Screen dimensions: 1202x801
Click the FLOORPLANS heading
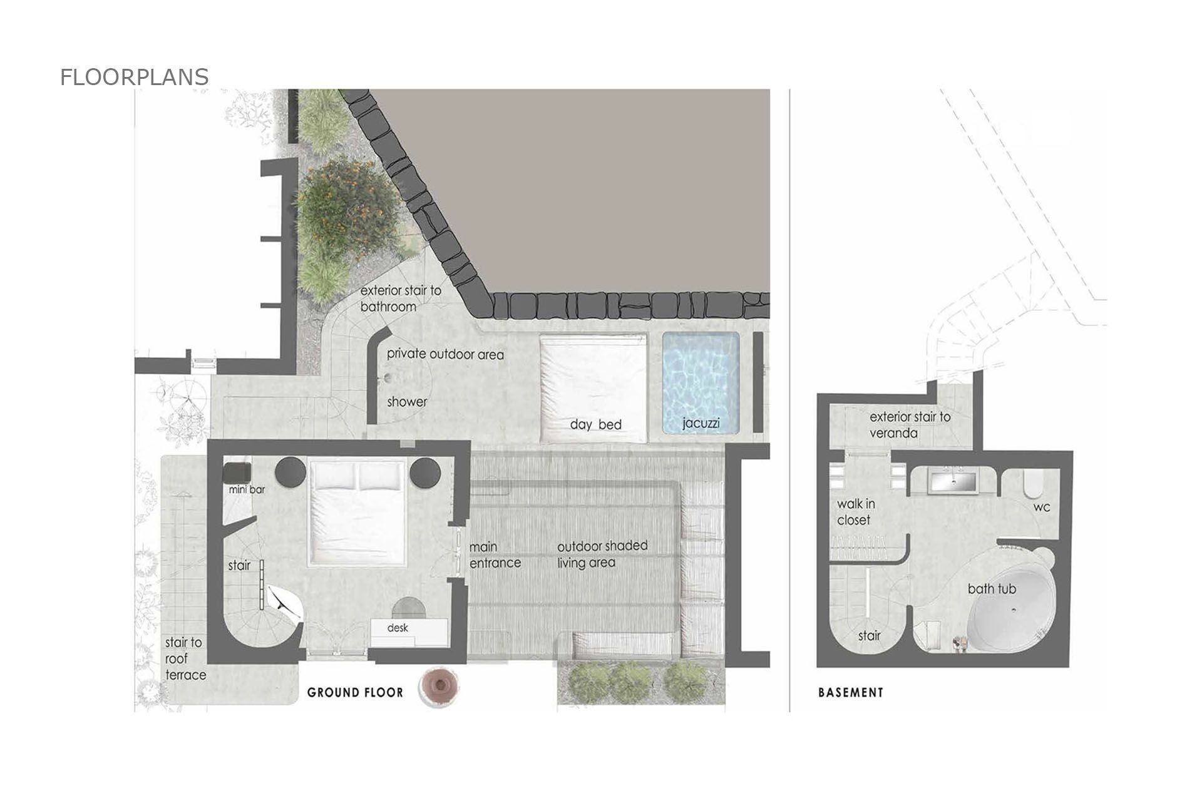click(134, 77)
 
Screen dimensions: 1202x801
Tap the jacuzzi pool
click(701, 383)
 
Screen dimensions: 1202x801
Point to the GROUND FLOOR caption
click(355, 692)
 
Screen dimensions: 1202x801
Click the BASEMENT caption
click(851, 692)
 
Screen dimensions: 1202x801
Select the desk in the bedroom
click(409, 633)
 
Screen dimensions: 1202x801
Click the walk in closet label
click(856, 512)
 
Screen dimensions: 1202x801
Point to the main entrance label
click(495, 555)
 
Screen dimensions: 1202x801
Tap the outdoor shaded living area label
click(602, 554)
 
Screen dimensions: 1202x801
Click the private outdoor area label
click(445, 354)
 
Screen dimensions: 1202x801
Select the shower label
click(407, 402)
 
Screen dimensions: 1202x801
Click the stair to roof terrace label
click(185, 659)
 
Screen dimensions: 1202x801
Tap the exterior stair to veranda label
click(910, 425)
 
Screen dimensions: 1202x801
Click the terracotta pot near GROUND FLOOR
click(441, 687)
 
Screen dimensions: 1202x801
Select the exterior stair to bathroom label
click(401, 299)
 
